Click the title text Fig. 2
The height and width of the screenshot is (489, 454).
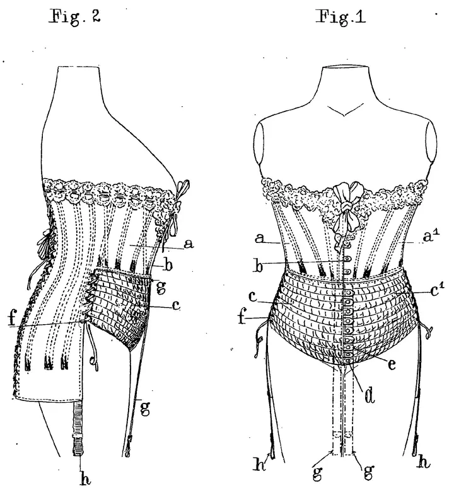click(75, 17)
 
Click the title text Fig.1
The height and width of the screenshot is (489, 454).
click(340, 16)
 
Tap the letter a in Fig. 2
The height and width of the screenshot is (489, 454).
click(189, 244)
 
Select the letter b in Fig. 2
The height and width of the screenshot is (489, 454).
click(168, 266)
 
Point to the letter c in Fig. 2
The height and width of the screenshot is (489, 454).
click(176, 306)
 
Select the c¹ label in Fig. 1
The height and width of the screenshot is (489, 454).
click(438, 291)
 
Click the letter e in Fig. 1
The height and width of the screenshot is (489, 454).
click(392, 364)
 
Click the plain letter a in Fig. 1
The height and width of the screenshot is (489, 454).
click(259, 239)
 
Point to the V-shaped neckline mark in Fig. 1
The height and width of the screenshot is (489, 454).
click(345, 111)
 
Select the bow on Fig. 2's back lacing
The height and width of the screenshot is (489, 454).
click(46, 242)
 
